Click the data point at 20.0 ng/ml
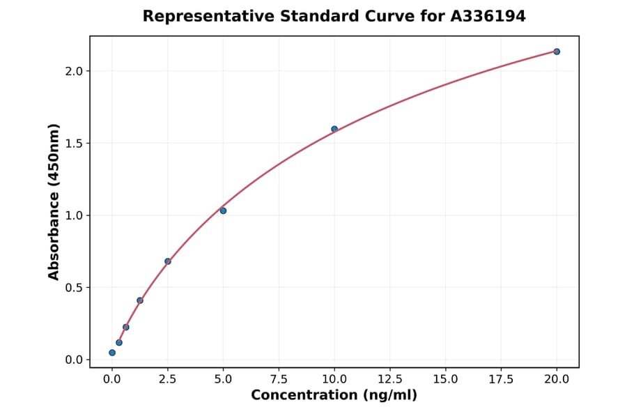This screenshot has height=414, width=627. coord(557,52)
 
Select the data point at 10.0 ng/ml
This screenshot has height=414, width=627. coord(334,129)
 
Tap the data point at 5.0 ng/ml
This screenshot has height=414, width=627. coord(223,210)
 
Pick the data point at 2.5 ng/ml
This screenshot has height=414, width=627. coord(168,261)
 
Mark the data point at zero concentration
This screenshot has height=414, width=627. coord(112,353)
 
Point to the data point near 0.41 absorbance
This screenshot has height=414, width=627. coord(140,300)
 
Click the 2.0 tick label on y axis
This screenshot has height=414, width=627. coord(74,71)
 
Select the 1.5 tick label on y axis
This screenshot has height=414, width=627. coord(74,144)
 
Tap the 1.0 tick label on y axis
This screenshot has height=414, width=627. coord(74,215)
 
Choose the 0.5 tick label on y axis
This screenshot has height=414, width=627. coord(74,288)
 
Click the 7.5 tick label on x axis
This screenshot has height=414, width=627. coord(279,379)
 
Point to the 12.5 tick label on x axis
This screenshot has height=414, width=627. coord(390,379)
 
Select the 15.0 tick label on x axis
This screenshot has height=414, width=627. coord(445,379)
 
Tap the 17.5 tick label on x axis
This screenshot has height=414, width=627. coord(501,379)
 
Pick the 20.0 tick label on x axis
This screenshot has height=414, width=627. coord(557,379)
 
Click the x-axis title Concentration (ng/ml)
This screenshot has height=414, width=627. coord(334,396)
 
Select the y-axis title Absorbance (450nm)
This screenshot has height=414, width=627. coord(54,201)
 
